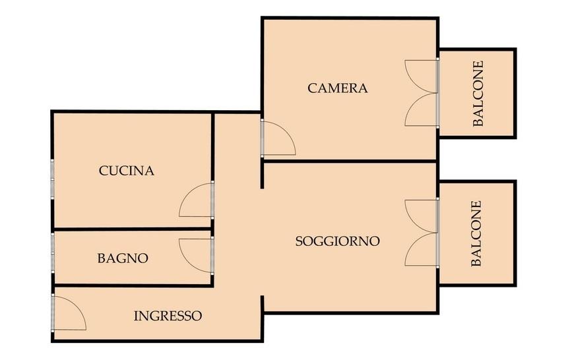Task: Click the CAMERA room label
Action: (x=338, y=88)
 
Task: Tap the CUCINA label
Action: (x=126, y=171)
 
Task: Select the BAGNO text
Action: (x=123, y=258)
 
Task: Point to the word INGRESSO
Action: (x=168, y=316)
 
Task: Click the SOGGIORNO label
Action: (x=338, y=241)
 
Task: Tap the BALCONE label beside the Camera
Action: (x=478, y=94)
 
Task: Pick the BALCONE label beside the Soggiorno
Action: (x=476, y=233)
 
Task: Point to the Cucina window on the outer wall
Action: (x=52, y=179)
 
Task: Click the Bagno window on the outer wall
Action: (x=53, y=253)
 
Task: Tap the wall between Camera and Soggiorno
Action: (x=350, y=161)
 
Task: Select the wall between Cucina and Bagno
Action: (x=132, y=229)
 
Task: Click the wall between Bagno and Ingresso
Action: (x=133, y=285)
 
